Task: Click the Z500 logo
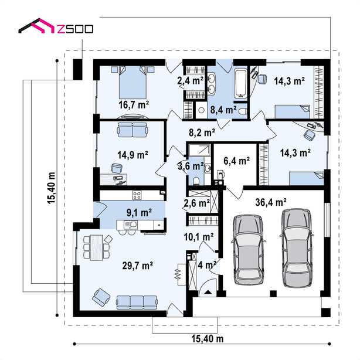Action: [56, 25]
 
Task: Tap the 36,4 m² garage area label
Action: [271, 202]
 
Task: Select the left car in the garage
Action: [248, 250]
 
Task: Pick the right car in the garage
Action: [297, 248]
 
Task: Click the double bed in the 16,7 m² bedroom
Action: [133, 82]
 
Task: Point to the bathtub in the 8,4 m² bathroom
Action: [240, 84]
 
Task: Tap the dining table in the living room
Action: [96, 247]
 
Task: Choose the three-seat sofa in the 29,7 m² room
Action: [137, 303]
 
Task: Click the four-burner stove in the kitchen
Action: [137, 195]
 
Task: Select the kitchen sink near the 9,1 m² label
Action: [130, 225]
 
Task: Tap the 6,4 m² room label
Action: [236, 161]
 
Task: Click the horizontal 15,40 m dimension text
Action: [208, 339]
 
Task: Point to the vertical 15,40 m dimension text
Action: [52, 188]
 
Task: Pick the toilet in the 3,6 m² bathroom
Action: [196, 181]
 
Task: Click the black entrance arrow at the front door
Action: [208, 292]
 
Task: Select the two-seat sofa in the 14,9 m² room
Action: [133, 130]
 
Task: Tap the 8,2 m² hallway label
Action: [202, 133]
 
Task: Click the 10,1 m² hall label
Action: [199, 237]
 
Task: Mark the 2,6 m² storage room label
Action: [196, 203]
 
